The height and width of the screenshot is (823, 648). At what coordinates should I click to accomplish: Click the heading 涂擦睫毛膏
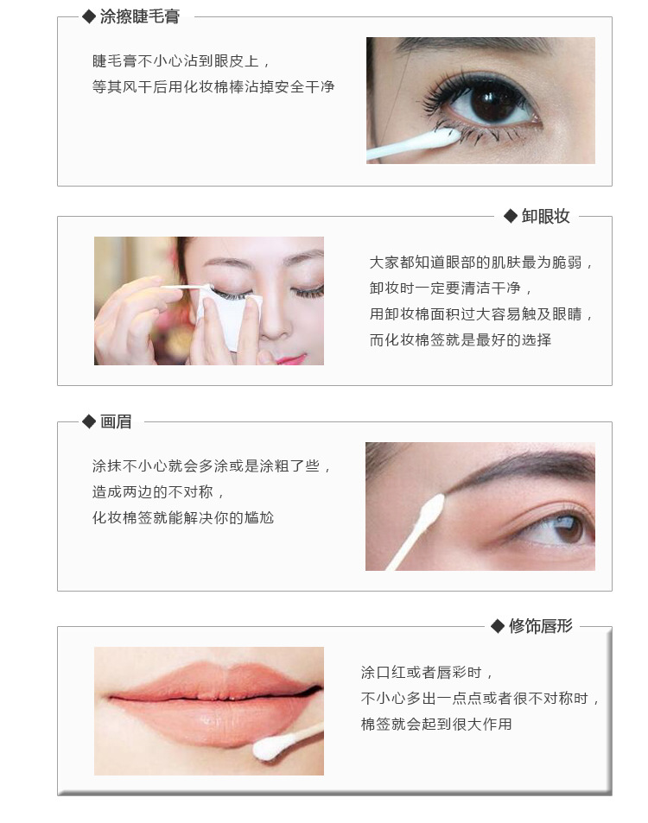coord(140,16)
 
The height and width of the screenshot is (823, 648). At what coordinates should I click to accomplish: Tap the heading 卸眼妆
coord(545,216)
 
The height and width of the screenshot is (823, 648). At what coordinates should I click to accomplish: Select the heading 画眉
coord(116,421)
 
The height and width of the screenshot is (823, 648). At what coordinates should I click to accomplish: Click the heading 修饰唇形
coord(540,625)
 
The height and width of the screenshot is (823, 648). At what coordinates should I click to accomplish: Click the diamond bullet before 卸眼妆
coord(511,216)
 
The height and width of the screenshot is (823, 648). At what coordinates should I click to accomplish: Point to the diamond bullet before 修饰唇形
coord(498,626)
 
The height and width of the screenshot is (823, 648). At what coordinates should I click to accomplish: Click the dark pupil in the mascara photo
coord(492,100)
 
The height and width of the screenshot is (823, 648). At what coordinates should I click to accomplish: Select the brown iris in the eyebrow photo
coord(568,527)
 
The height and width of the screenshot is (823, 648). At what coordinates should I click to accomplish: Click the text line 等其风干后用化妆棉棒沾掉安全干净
coord(213,86)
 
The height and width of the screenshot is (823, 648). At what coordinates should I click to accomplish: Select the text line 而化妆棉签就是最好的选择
coord(460,339)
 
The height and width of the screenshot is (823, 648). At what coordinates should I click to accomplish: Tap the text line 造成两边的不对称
coord(158,491)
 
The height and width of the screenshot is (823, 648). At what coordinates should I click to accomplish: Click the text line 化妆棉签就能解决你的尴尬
coord(183,517)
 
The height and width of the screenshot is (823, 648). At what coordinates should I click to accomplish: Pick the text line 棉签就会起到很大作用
coord(435,724)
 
